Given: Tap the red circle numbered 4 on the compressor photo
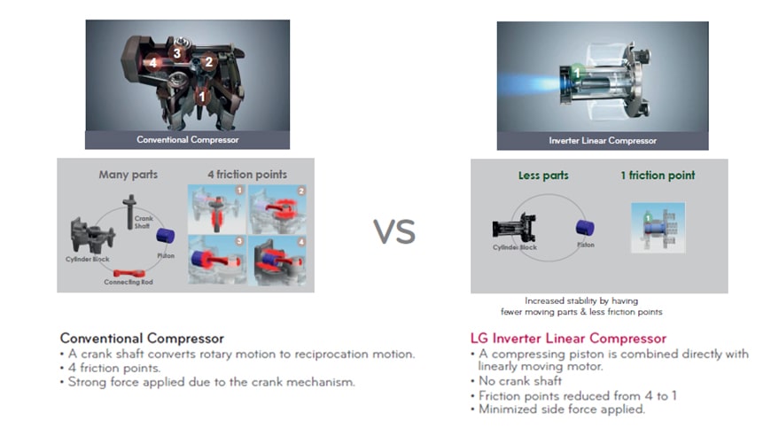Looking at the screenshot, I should (x=153, y=63).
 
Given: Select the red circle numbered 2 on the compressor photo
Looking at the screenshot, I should (x=209, y=61).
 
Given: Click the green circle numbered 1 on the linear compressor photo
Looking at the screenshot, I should (x=576, y=70).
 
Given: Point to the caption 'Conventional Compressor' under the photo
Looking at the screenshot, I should (x=187, y=140).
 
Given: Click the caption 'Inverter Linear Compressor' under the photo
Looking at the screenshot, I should (x=603, y=141).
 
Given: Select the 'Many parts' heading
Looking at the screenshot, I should (x=129, y=175).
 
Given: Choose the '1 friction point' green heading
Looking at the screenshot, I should (x=658, y=175).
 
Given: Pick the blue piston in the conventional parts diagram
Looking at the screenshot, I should (x=166, y=237).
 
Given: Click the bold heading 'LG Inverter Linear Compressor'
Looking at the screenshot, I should (x=567, y=339).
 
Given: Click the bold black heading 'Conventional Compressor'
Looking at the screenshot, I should (x=142, y=339).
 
